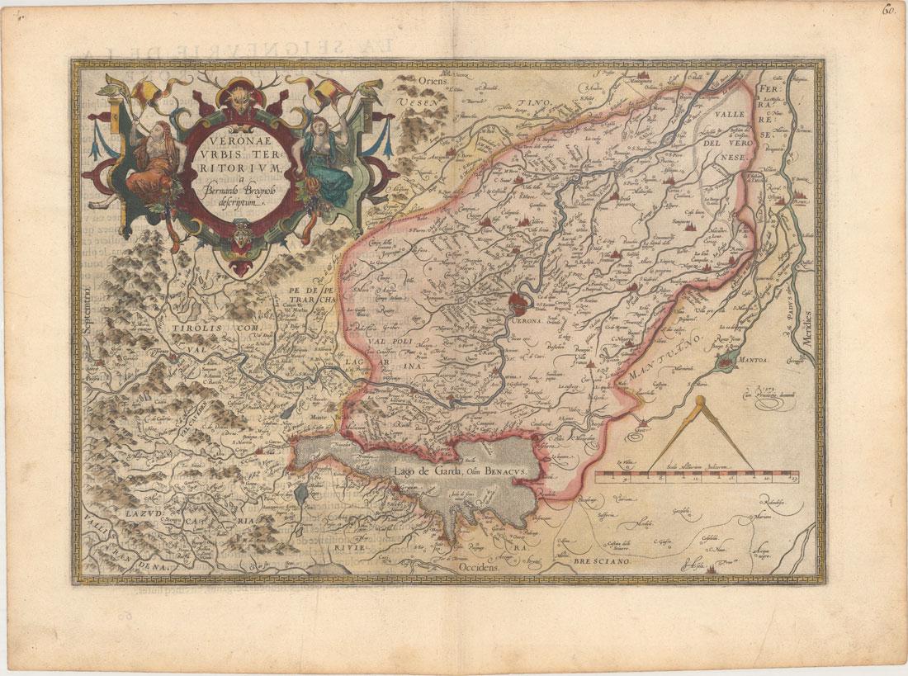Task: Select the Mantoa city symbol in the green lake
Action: point(727,360)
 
